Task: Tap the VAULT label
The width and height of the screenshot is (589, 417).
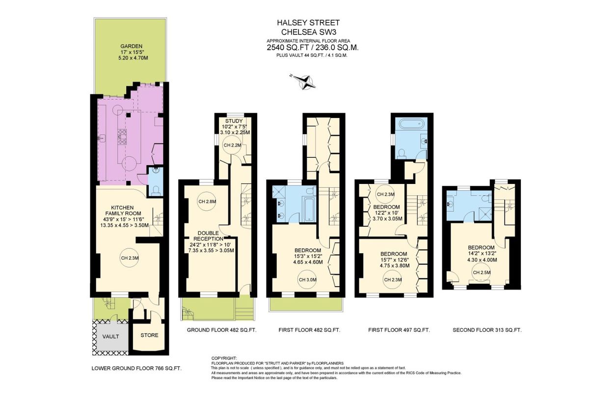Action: coord(111,336)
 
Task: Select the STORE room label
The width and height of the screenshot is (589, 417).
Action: coord(149,335)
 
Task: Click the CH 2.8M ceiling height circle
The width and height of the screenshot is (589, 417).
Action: coord(207,202)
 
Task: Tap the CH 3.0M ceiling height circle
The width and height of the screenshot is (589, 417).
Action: coord(307,280)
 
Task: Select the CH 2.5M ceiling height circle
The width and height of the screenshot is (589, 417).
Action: coord(482,272)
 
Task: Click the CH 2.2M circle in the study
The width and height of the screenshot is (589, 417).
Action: coord(232,145)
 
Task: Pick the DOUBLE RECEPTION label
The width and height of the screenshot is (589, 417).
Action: coord(208,236)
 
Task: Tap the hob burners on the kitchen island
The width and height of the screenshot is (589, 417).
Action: coord(122,137)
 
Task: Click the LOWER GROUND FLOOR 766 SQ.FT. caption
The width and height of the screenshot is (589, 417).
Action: coord(136,368)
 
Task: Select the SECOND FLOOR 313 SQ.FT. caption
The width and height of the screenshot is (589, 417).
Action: coord(487,330)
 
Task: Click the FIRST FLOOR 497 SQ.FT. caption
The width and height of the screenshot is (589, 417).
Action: coord(399,330)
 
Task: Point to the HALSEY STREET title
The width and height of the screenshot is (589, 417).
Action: coord(308,23)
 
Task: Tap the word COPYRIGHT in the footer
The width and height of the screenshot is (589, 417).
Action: coord(224,358)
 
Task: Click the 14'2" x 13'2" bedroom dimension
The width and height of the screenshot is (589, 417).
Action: coord(482,254)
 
